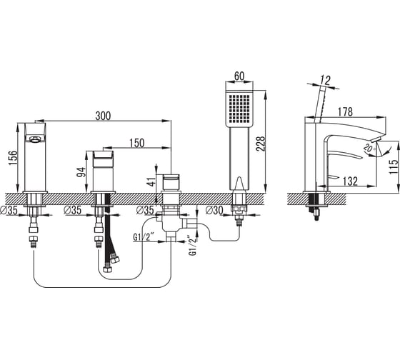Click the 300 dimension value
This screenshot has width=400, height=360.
coord(103,116)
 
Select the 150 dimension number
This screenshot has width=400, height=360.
coord(137,143)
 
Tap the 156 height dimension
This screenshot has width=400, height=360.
coord(14,158)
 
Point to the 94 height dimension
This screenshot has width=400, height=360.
coord(81,172)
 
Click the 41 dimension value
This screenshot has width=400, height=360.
coord(151,181)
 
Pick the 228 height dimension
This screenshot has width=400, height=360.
coord(261,144)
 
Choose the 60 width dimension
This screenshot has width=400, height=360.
coord(239,76)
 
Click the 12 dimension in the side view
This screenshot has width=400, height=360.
coord(325,80)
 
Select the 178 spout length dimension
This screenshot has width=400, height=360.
coord(346,111)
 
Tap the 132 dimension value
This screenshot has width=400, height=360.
coord(350,181)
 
